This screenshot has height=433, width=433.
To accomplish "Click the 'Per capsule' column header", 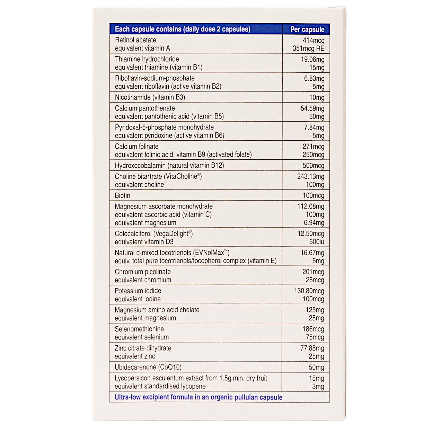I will click(307, 29).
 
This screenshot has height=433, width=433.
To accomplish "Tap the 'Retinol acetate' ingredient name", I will click(135, 40).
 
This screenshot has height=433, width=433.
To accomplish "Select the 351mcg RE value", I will click(308, 48).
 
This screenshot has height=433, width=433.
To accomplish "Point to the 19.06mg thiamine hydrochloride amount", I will click(312, 59).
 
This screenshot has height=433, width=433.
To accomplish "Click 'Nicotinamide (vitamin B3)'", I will click(150, 97).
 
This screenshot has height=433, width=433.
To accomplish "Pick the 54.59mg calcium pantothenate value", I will click(312, 108).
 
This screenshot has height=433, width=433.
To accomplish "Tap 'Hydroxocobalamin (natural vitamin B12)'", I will click(169, 166).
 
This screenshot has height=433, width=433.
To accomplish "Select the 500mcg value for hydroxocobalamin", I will click(313, 166).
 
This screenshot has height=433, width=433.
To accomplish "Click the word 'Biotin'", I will click(123, 195).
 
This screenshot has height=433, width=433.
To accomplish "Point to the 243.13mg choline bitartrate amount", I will click(311, 176).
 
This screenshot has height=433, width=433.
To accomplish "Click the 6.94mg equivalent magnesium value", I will click(314, 223).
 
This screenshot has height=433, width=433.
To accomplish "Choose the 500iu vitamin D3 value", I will click(317, 242).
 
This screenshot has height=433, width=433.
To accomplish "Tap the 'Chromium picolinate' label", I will click(143, 272).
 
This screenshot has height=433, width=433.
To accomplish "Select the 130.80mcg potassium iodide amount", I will click(309, 291).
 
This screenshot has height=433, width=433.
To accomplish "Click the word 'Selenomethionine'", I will click(139, 329).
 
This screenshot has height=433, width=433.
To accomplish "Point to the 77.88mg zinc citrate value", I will click(312, 348).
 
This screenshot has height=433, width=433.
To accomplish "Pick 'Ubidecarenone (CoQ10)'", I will click(148, 367).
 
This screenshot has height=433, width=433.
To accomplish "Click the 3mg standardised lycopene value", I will click(318, 387).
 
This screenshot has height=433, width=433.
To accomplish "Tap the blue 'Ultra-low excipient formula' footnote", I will click(198, 397).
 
